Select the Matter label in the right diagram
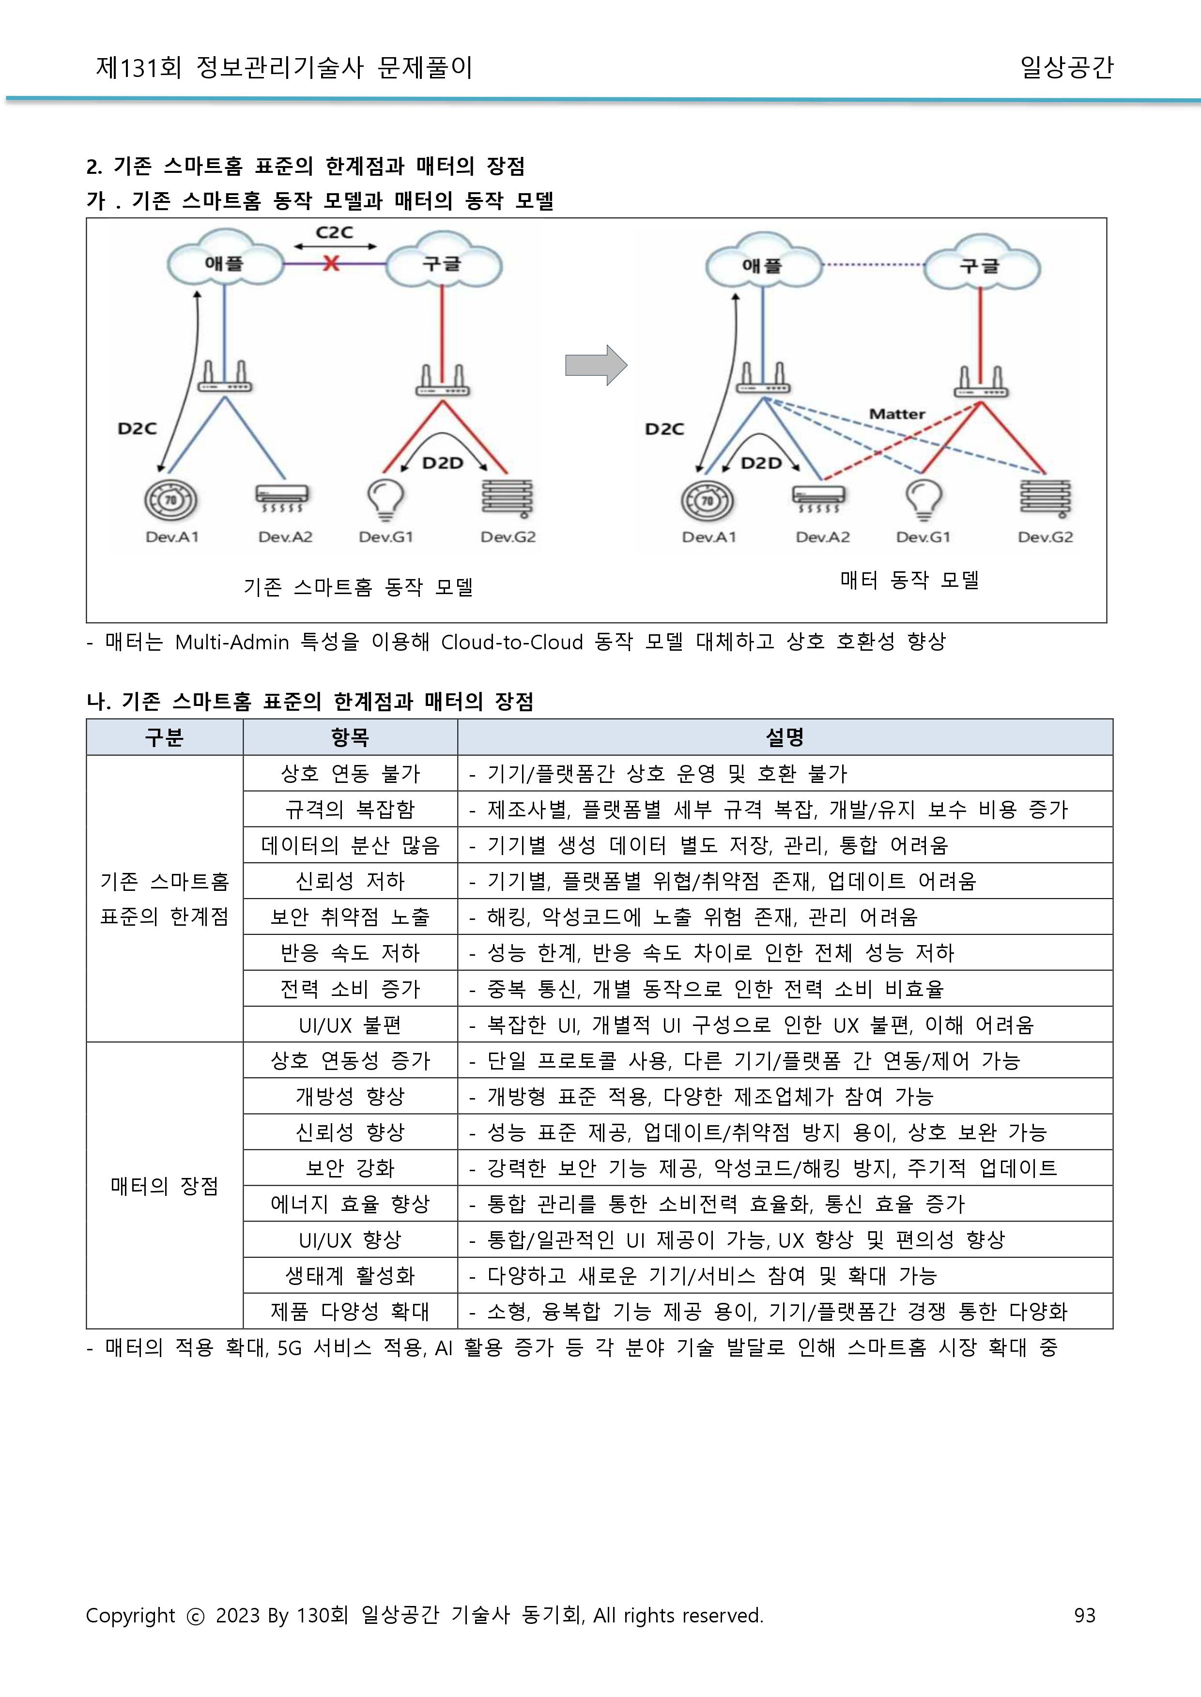[897, 414]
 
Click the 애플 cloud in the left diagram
[224, 263]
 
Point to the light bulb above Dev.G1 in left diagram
[385, 498]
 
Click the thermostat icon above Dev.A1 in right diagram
[708, 501]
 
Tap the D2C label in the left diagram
[137, 428]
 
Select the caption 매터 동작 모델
[909, 581]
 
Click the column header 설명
[784, 737]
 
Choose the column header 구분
[164, 737]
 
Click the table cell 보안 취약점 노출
[350, 917]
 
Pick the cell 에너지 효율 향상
[350, 1204]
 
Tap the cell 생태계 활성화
[350, 1275]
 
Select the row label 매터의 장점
[164, 1186]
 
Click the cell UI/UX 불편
[350, 1025]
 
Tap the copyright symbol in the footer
[195, 1617]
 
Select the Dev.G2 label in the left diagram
[508, 537]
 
